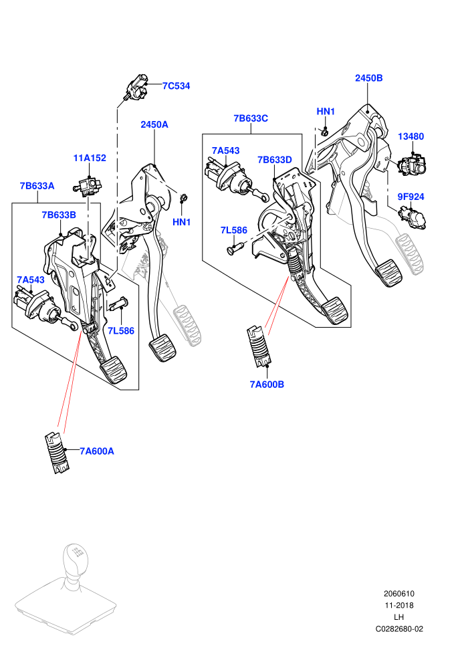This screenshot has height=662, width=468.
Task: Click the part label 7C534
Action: point(177,86)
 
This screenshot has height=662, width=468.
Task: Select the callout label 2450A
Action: point(154,124)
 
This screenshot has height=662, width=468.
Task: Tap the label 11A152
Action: point(90,158)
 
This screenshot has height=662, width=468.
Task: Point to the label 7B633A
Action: point(37,186)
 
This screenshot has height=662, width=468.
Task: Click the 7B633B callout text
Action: point(59,215)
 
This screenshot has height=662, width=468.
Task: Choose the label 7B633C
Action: point(251,118)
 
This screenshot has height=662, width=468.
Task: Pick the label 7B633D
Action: point(275,160)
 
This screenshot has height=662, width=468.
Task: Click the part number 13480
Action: point(411,136)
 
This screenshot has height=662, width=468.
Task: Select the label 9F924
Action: point(411,197)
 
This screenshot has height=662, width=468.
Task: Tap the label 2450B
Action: point(369,78)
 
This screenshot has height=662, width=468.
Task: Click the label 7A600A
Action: point(97,451)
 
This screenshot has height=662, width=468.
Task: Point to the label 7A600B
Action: point(267,384)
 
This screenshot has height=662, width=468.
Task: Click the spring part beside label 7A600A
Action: point(57,452)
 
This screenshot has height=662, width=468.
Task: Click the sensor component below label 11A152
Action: point(88,186)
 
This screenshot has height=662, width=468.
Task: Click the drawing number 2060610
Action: point(399,594)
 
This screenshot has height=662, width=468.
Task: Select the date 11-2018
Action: point(399,605)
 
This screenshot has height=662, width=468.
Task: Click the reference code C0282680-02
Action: point(399,629)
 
